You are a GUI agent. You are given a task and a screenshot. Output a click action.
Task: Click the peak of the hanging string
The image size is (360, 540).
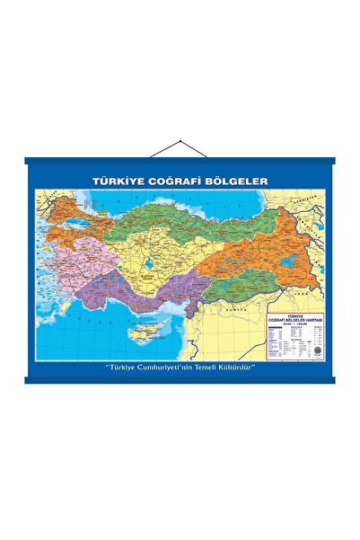tap(180, 139)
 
